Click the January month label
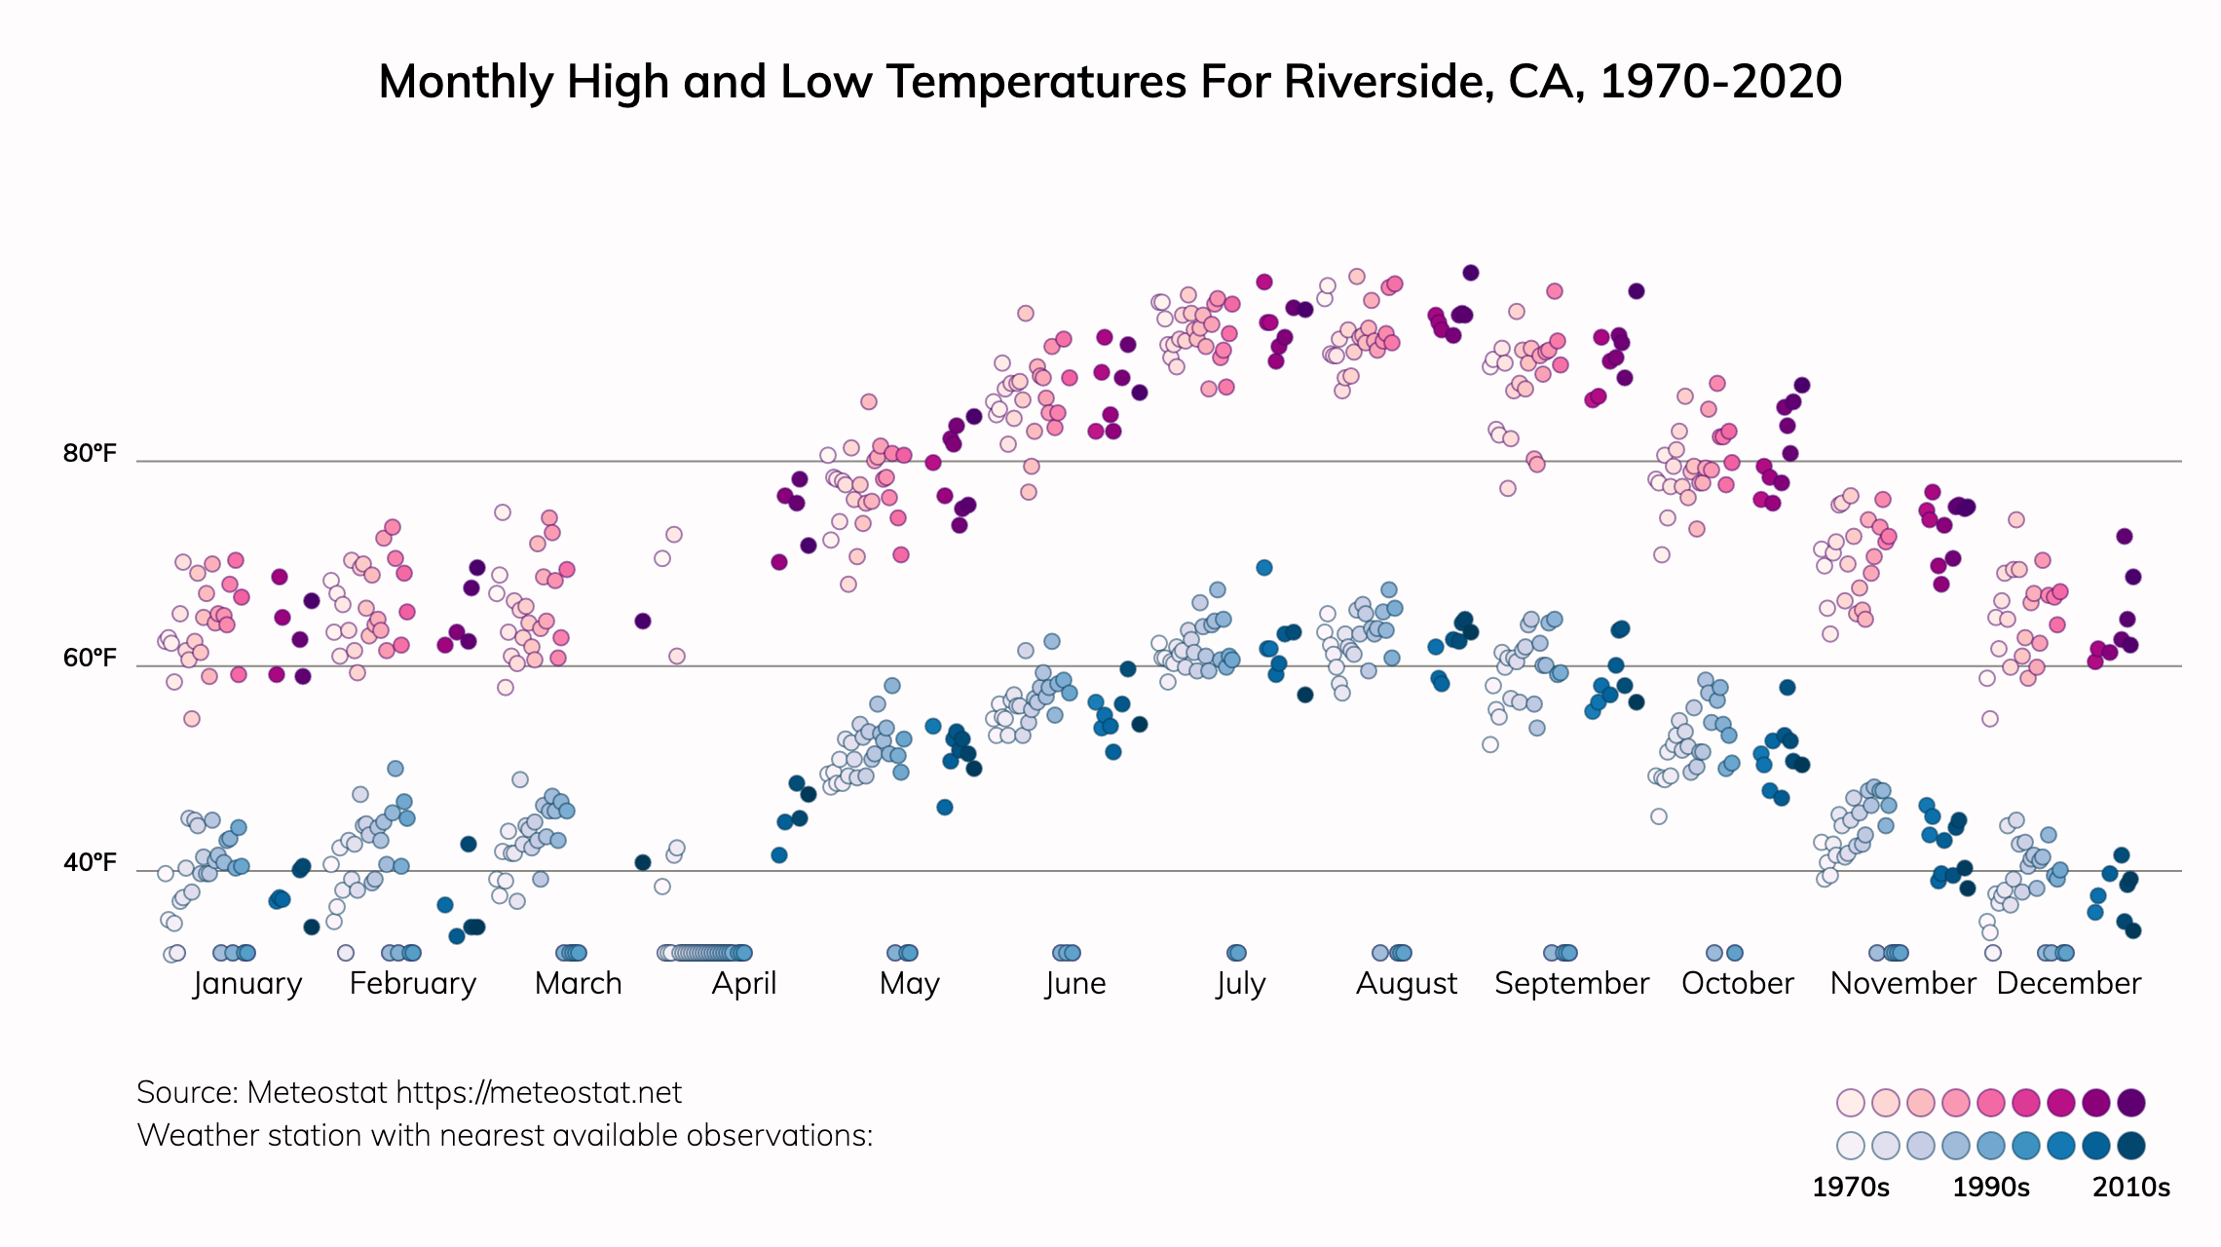[247, 983]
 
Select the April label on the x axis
[744, 983]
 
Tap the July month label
[1240, 983]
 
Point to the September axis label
[1571, 983]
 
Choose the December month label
[2068, 983]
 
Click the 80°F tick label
[90, 454]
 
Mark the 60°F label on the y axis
[90, 659]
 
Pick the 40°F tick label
[90, 863]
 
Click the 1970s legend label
[1850, 1188]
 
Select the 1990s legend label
[1991, 1188]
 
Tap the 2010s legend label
[2131, 1188]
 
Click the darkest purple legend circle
[2131, 1103]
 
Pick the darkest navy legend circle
[2131, 1146]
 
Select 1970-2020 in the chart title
[1720, 82]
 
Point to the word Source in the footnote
[187, 1093]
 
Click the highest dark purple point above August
[1471, 273]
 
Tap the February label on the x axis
[413, 983]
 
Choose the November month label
[1902, 983]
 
